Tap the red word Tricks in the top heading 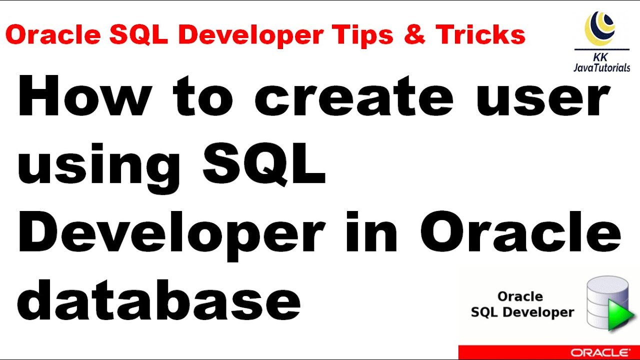click(x=480, y=35)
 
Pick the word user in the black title click(x=543, y=99)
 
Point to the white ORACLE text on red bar click(x=600, y=352)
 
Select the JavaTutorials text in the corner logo click(x=601, y=67)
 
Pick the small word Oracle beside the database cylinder click(x=520, y=296)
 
